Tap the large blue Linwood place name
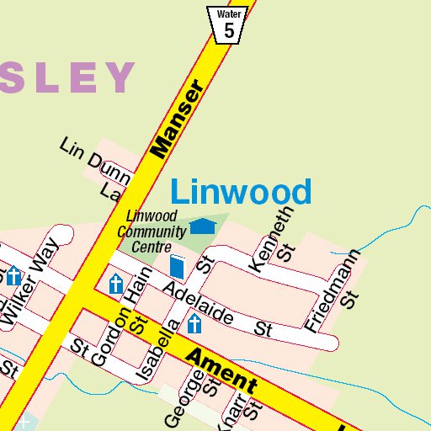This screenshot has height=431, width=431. (241, 192)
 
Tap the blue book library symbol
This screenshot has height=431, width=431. (177, 267)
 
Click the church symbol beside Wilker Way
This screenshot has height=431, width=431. (13, 276)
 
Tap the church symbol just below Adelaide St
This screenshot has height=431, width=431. (195, 324)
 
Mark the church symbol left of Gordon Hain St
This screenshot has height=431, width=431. (115, 284)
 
